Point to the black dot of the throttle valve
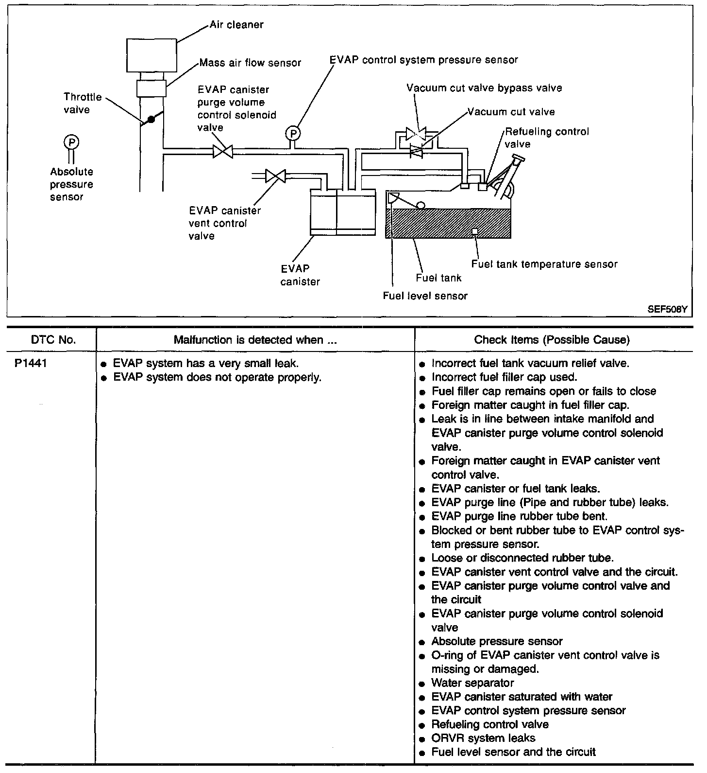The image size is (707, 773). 151,119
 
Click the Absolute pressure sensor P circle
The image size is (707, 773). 71,142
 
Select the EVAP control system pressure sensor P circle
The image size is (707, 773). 293,132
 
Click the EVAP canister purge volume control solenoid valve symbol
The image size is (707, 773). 223,151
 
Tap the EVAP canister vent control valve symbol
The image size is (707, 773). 276,176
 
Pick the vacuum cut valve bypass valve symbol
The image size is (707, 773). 416,133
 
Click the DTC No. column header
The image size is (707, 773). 53,340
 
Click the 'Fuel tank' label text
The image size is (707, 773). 438,278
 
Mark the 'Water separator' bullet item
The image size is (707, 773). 472,683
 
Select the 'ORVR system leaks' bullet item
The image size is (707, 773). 483,738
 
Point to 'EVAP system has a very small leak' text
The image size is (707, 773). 205,363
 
